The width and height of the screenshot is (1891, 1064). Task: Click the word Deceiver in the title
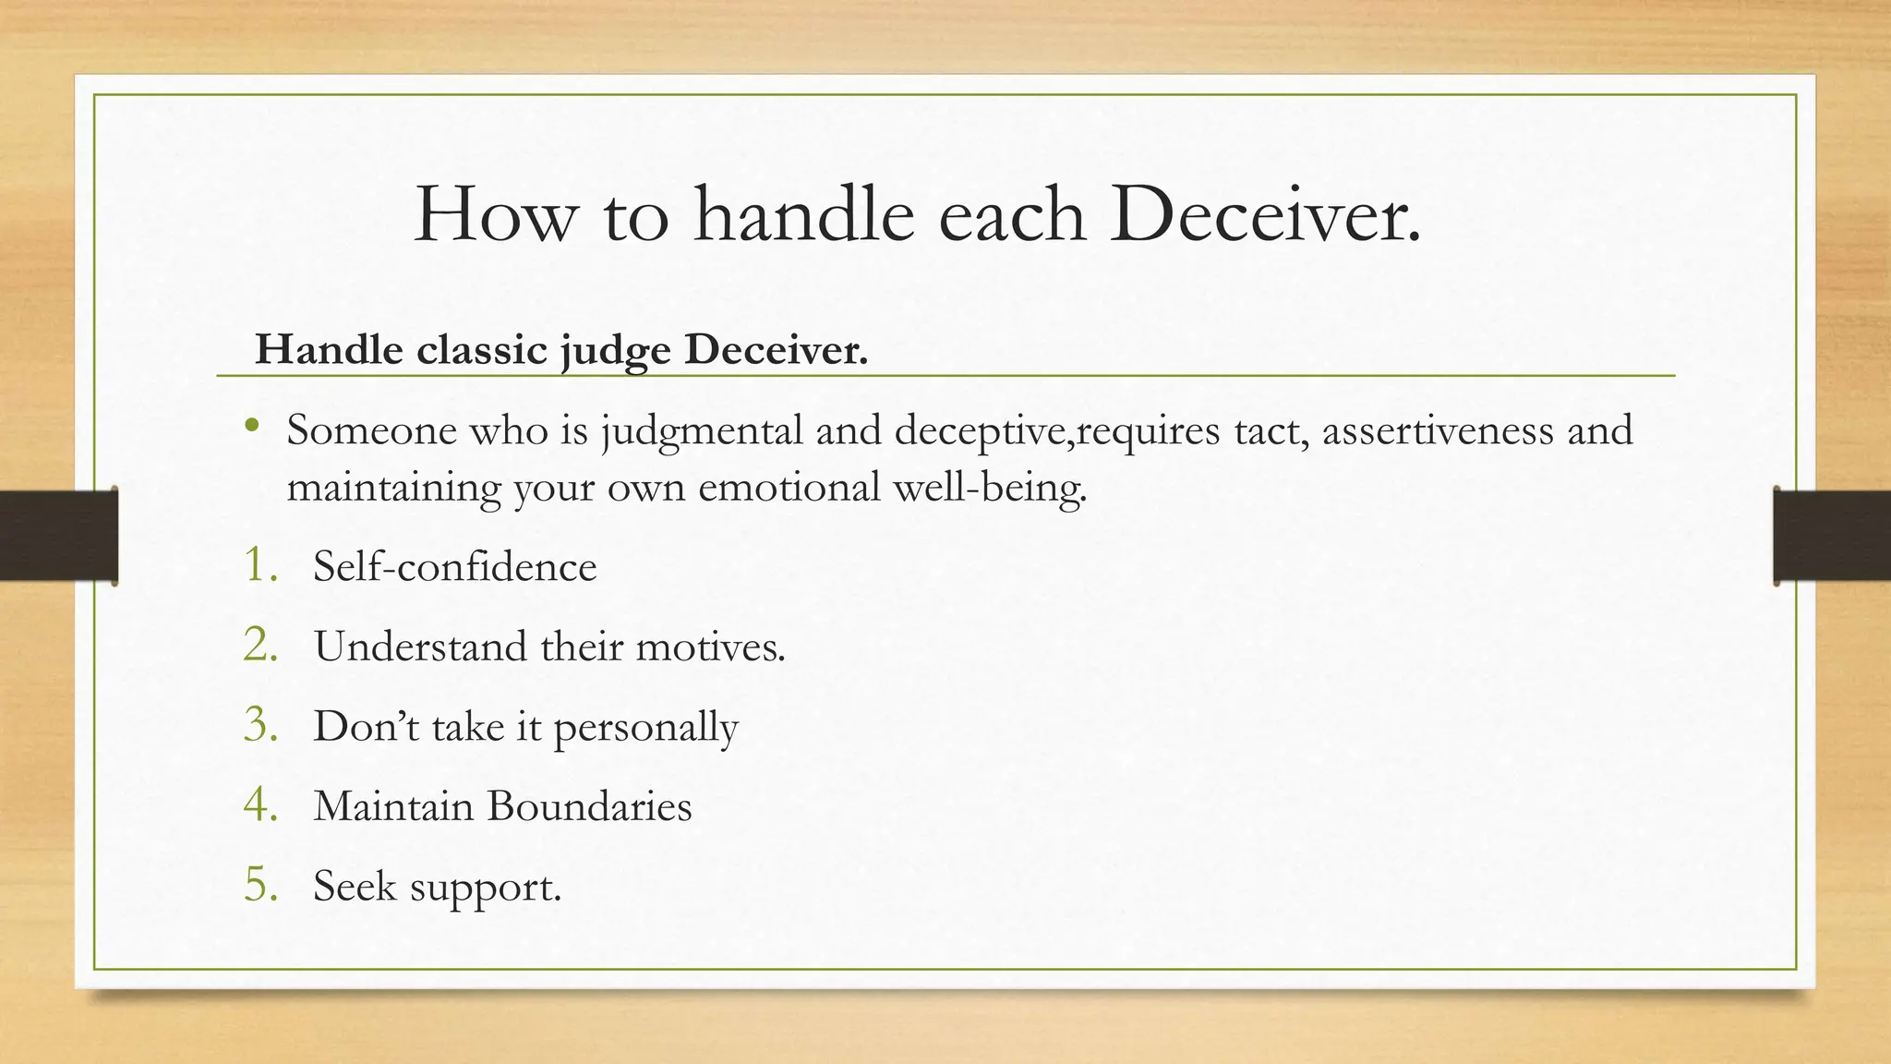pyautogui.click(x=1265, y=215)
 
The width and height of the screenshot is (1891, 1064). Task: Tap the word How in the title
pyautogui.click(x=493, y=215)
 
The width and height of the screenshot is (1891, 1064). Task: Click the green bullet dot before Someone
pyautogui.click(x=252, y=427)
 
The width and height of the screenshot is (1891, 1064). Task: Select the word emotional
pyautogui.click(x=789, y=487)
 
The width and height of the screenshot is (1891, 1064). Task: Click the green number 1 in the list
pyautogui.click(x=259, y=564)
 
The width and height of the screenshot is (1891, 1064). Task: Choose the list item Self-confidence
pyautogui.click(x=454, y=566)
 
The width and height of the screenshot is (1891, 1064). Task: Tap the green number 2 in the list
pyautogui.click(x=260, y=645)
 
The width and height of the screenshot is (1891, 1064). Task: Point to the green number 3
pyautogui.click(x=260, y=725)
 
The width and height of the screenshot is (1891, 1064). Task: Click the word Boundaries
pyautogui.click(x=589, y=806)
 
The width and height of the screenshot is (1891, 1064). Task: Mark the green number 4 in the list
pyautogui.click(x=260, y=805)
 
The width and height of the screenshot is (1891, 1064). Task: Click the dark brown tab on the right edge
pyautogui.click(x=1832, y=536)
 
